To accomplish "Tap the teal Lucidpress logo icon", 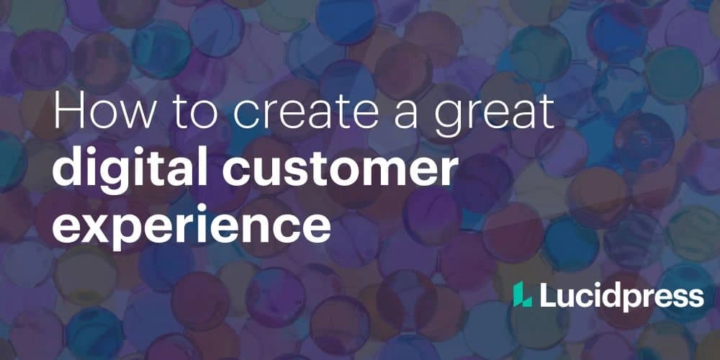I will [x=522, y=294].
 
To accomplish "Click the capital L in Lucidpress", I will [x=547, y=294].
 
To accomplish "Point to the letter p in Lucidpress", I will [x=634, y=299].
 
